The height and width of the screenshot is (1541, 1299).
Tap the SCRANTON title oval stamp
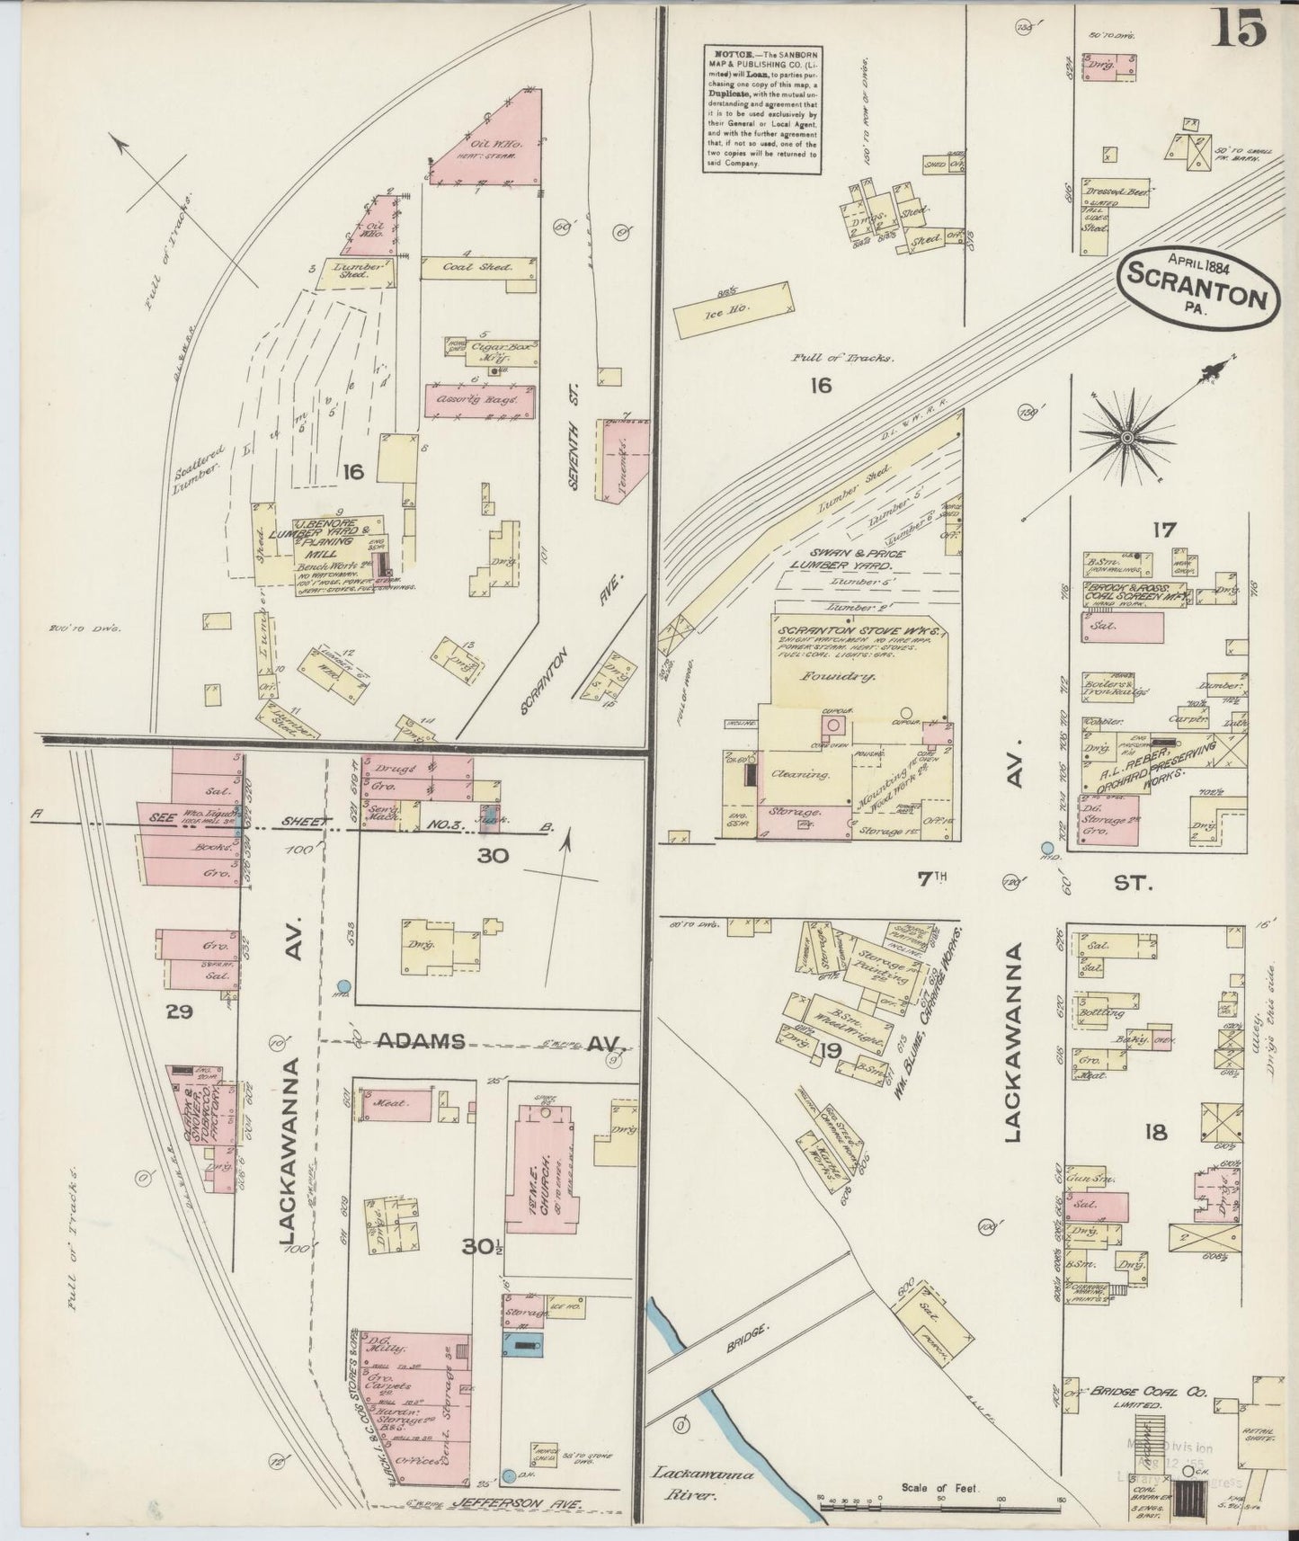1198,289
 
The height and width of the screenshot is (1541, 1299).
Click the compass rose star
1126,438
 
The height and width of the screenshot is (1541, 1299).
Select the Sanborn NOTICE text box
761,108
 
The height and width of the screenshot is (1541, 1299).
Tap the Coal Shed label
476,267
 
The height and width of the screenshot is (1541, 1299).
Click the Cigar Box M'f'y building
490,352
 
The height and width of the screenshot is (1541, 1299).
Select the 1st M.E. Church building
539,1169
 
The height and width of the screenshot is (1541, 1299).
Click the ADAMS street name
422,1041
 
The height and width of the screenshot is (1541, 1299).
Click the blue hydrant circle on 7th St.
1046,847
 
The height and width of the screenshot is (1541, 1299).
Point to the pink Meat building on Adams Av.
396,1102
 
